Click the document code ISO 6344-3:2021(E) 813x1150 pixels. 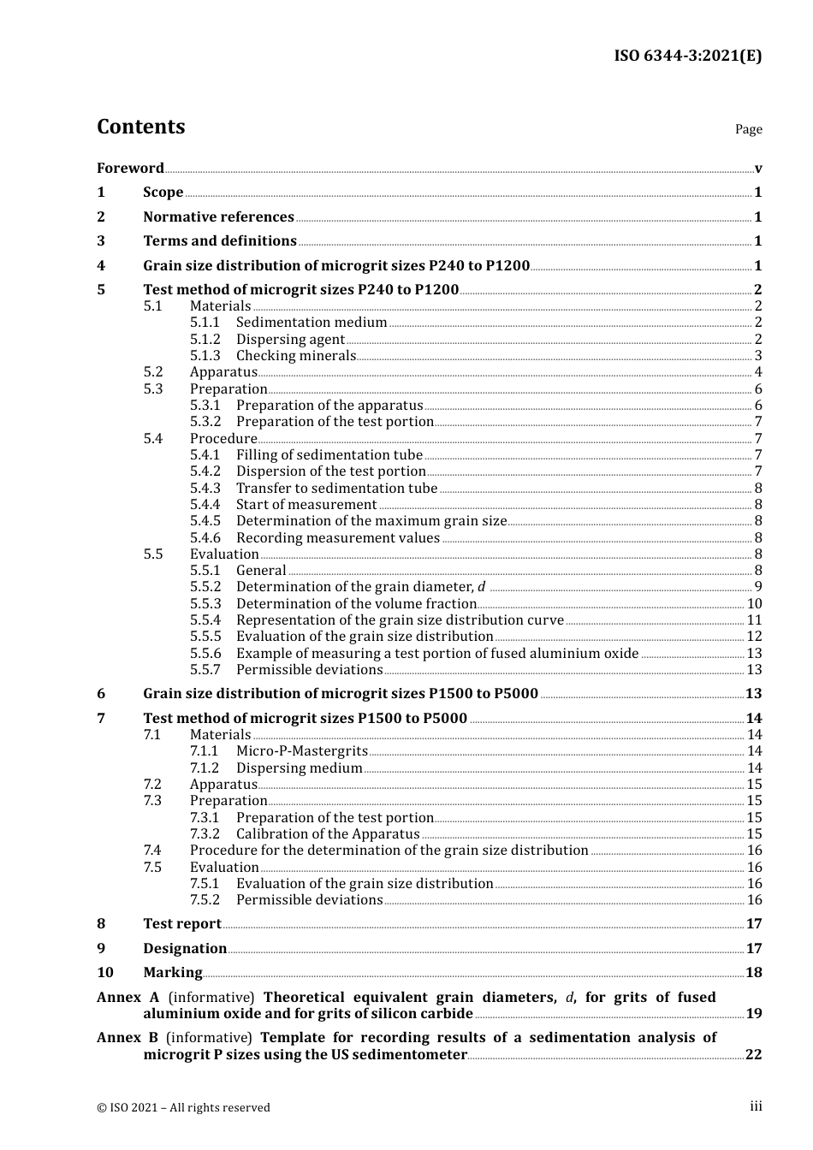click(x=687, y=56)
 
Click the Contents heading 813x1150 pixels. click(x=140, y=127)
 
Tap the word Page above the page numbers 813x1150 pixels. click(x=748, y=129)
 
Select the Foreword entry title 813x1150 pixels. click(x=130, y=168)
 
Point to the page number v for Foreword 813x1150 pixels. click(x=758, y=169)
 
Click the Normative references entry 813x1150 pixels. click(x=218, y=216)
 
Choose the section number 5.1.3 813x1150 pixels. click(x=205, y=356)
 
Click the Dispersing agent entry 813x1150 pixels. click(x=290, y=340)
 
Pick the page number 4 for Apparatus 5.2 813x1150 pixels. click(x=758, y=372)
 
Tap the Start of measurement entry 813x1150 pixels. click(x=306, y=505)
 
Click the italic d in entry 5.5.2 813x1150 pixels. click(x=481, y=587)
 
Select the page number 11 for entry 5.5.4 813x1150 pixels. click(x=754, y=620)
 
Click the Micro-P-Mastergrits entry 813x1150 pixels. click(x=301, y=751)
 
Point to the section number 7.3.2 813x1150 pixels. click(x=205, y=834)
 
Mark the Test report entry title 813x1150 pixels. click(x=182, y=924)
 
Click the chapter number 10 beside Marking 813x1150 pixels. click(x=105, y=973)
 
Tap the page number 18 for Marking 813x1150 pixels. click(x=753, y=973)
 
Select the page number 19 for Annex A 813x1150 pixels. click(x=753, y=1014)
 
